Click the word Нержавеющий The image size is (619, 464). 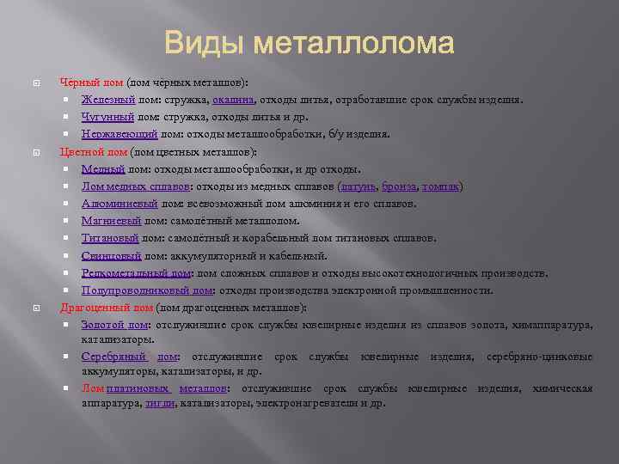(120, 134)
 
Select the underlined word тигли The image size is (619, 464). (159, 403)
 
